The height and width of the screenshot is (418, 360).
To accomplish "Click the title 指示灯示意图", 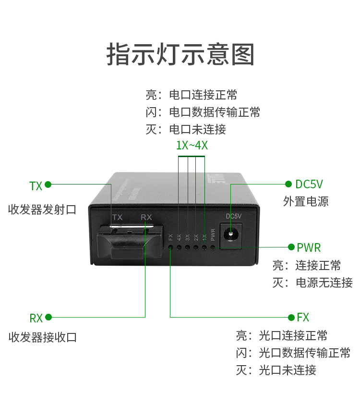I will (x=180, y=54).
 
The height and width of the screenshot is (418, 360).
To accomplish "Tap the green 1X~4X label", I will (x=192, y=146).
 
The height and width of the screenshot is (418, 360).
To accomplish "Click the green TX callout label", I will (x=36, y=186).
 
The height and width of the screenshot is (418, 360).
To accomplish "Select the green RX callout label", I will (x=36, y=318).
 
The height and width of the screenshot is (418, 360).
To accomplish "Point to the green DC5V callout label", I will (x=309, y=184).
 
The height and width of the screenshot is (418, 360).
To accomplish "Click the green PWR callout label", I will (x=309, y=248).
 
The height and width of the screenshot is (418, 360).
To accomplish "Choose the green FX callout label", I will (x=303, y=318).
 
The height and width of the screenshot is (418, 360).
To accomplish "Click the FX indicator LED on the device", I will (x=170, y=247).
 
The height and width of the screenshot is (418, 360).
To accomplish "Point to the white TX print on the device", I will (x=117, y=218).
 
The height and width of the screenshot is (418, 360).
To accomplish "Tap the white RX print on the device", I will (x=146, y=218).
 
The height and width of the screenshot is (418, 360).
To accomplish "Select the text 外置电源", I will (x=306, y=201).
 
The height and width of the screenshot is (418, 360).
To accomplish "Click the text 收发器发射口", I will (x=42, y=210).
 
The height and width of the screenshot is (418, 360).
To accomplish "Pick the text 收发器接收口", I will (x=42, y=337).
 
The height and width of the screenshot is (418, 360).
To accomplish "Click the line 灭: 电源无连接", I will (x=312, y=283).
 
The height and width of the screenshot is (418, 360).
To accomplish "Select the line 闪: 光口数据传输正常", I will (x=293, y=353).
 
